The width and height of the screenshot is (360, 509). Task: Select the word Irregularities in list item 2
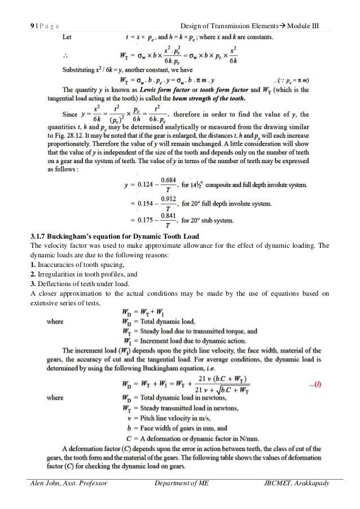tap(58, 275)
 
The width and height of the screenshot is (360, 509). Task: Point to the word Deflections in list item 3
tap(55, 286)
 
